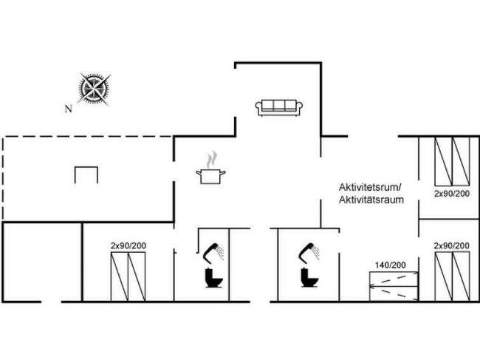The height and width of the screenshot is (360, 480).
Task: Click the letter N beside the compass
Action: click(x=68, y=108)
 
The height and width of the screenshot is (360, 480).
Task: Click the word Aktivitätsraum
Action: click(x=371, y=200)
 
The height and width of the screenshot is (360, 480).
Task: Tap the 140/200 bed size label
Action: click(x=389, y=265)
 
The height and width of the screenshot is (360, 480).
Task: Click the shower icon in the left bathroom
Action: click(x=214, y=251)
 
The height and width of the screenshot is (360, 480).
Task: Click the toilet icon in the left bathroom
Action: click(x=214, y=279)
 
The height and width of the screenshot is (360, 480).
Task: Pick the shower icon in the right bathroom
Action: click(x=310, y=251)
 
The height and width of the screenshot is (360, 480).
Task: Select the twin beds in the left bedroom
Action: click(x=128, y=275)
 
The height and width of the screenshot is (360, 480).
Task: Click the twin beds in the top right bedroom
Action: click(x=451, y=162)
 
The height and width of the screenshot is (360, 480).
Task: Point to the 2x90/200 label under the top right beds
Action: click(x=451, y=194)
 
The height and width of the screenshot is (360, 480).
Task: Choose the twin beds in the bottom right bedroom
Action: click(x=451, y=275)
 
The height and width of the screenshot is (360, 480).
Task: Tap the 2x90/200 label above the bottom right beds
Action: click(x=451, y=245)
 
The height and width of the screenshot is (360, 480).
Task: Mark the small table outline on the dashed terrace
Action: click(x=86, y=174)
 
